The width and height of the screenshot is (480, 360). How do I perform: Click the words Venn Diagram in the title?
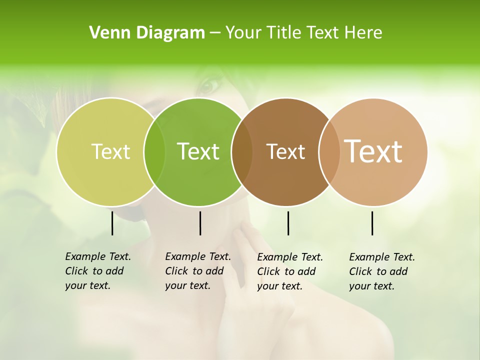click(x=147, y=33)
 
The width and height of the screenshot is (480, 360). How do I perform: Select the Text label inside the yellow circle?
click(x=110, y=151)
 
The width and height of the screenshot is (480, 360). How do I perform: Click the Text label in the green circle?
click(x=198, y=151)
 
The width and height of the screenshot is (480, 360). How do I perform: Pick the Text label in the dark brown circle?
click(x=285, y=151)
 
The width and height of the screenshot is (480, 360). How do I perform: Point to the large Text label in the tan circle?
click(x=373, y=151)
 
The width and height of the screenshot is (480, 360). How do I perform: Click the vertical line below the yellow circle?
click(x=112, y=223)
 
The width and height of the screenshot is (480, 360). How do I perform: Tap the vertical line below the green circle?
click(x=200, y=223)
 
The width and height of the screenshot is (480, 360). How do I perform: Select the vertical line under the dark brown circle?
click(x=288, y=223)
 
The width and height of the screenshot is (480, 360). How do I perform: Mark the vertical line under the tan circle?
click(x=372, y=223)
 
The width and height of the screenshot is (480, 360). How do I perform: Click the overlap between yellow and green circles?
click(x=154, y=151)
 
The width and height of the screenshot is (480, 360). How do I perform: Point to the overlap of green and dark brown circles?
click(x=242, y=151)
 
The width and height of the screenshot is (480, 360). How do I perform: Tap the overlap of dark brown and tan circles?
click(x=329, y=151)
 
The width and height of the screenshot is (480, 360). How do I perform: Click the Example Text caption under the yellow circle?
click(x=97, y=271)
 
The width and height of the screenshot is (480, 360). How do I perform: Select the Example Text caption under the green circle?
click(x=197, y=271)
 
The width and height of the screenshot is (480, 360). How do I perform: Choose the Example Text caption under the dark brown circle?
click(x=289, y=271)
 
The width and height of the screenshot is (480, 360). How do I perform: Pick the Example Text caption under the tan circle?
click(x=381, y=271)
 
